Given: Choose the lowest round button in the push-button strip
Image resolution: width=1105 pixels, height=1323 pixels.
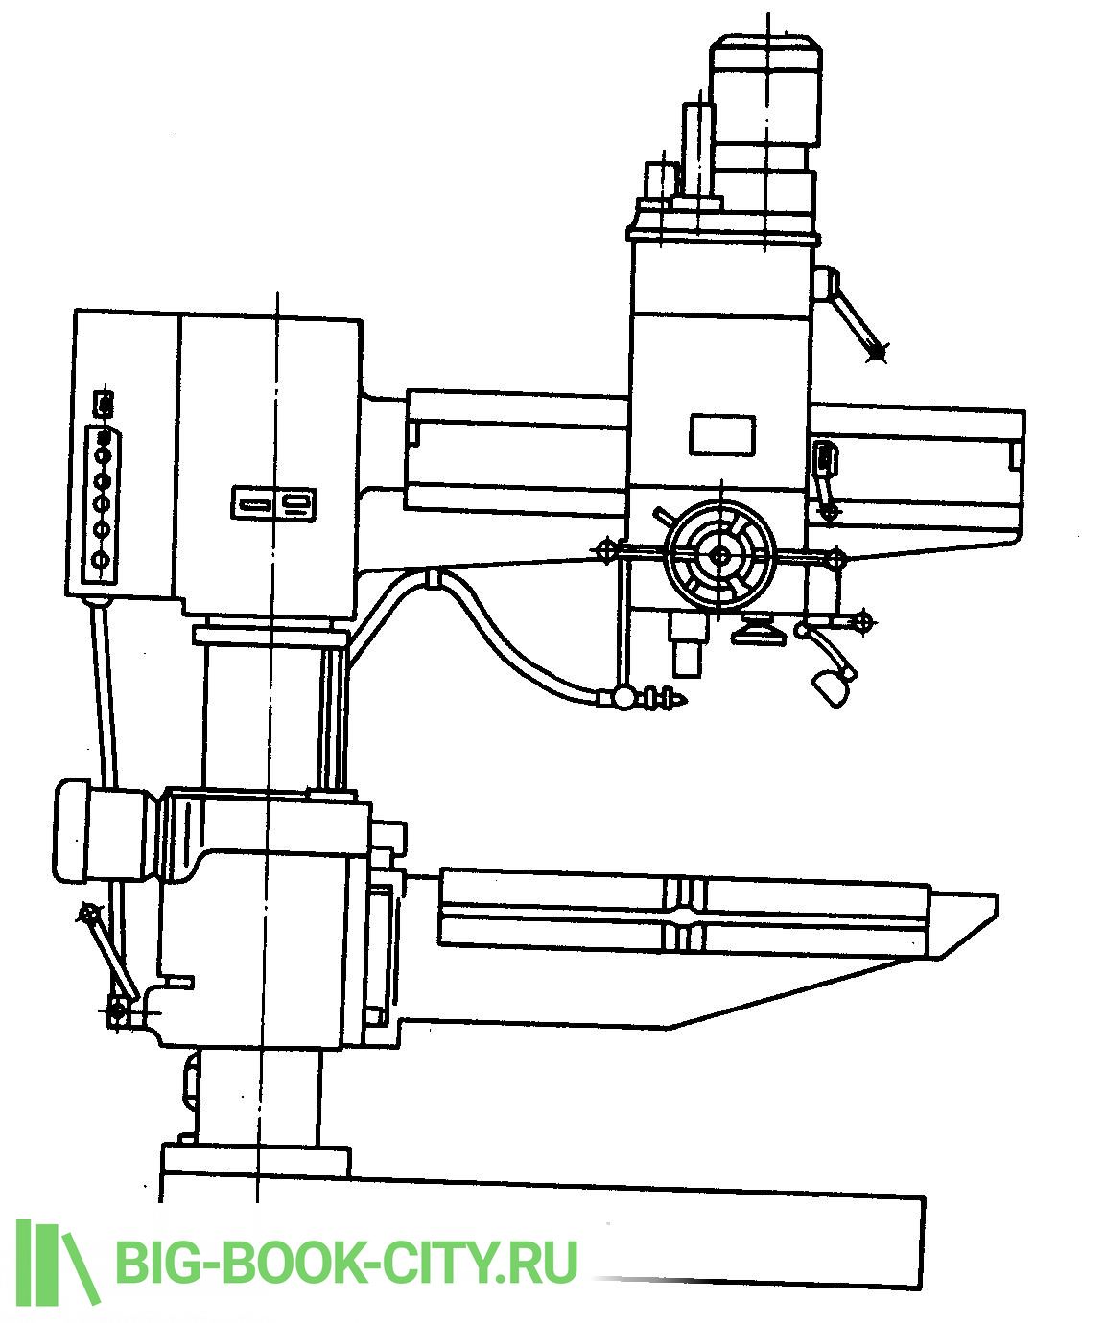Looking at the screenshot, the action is pos(100,559).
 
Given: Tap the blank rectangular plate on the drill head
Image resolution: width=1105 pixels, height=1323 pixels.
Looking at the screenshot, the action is pos(722,434).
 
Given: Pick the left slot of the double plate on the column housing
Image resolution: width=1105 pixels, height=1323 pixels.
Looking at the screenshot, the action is pos(252,504).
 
